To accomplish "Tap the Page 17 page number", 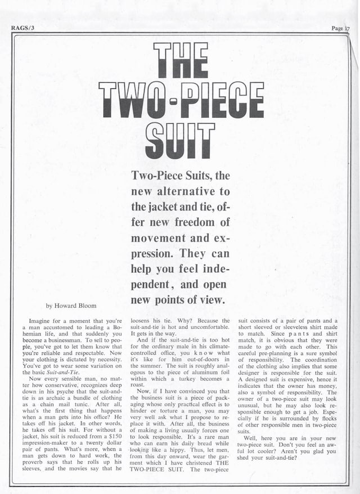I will tap(340, 28).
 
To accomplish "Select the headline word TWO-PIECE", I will tap(181, 100).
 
